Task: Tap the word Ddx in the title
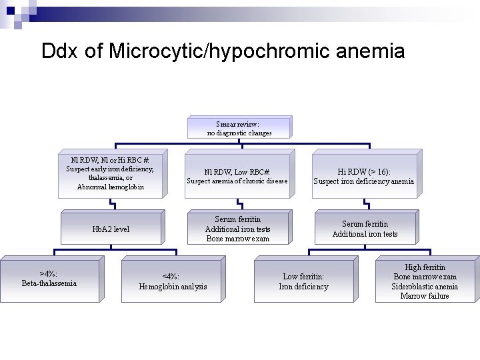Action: (60, 51)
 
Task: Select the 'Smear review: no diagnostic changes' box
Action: (239, 128)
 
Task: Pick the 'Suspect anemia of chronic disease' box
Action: (237, 176)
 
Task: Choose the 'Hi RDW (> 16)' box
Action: (363, 176)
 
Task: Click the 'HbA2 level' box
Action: (111, 229)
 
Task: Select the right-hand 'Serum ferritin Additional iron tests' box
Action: (365, 229)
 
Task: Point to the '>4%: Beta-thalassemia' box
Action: (49, 279)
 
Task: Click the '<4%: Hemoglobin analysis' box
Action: (172, 281)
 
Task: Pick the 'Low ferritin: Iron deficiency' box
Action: (303, 281)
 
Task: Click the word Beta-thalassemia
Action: (49, 283)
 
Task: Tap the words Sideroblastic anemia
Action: (425, 287)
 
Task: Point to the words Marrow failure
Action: (425, 296)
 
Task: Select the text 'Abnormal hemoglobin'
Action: (110, 187)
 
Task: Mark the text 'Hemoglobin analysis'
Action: (173, 287)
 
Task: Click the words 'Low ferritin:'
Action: (303, 277)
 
